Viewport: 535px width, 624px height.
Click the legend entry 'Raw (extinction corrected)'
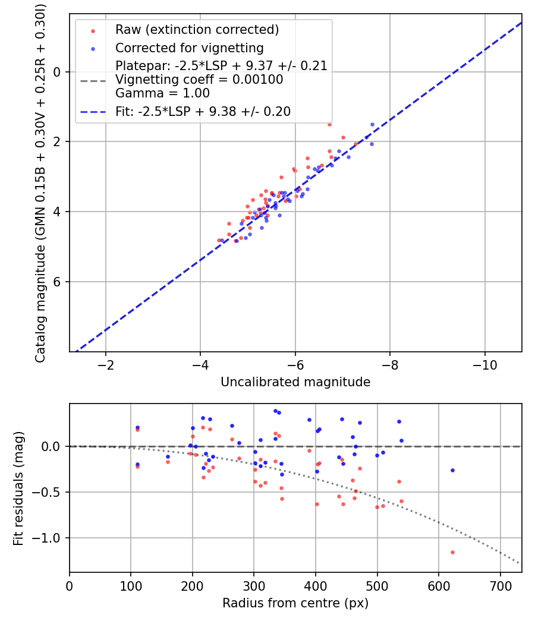click(x=197, y=30)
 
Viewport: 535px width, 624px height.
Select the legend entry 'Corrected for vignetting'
click(x=189, y=48)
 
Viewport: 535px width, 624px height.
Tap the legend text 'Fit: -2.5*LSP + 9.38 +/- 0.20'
click(x=203, y=112)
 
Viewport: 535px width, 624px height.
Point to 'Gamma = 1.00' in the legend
click(x=162, y=93)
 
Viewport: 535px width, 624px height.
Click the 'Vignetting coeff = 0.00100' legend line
click(x=199, y=80)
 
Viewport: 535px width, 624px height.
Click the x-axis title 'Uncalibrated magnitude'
click(x=295, y=382)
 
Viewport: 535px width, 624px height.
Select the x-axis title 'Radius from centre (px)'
click(x=295, y=603)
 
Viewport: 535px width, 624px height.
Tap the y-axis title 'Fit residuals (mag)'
click(x=18, y=488)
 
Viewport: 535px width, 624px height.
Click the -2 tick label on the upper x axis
click(x=106, y=364)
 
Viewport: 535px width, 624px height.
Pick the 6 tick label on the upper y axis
click(x=58, y=282)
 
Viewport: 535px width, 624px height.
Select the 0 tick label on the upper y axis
click(x=58, y=71)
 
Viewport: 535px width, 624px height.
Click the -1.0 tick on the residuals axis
click(x=51, y=538)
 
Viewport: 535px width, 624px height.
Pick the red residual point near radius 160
click(x=168, y=462)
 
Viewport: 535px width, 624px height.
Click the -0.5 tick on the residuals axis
click(x=51, y=492)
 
